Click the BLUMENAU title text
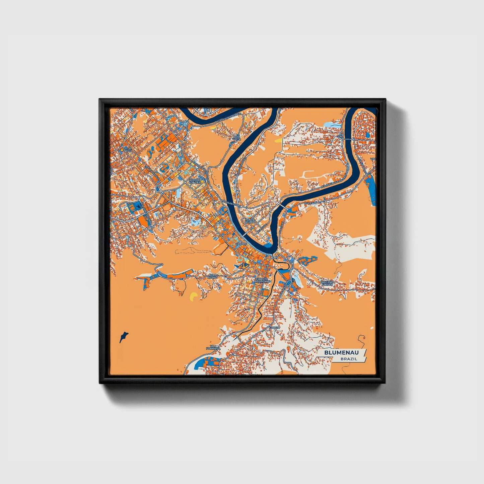(344, 353)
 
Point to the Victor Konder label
(195, 181)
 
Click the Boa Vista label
(237, 138)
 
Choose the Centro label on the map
(241, 244)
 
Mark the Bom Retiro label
(212, 276)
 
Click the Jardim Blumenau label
(263, 280)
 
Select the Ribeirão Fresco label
(328, 283)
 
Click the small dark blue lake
(124, 337)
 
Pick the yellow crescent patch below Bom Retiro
(193, 297)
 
